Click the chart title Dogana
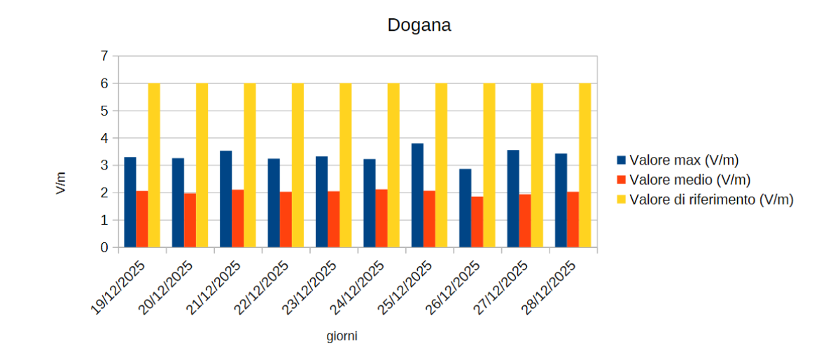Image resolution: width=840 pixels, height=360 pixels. click(x=419, y=26)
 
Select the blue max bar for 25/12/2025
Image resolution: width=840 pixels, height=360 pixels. click(x=417, y=195)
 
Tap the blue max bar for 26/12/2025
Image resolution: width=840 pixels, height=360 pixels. click(x=465, y=208)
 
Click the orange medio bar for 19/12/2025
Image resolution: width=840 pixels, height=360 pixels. click(x=142, y=219)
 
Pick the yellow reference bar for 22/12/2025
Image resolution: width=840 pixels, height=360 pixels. click(x=297, y=165)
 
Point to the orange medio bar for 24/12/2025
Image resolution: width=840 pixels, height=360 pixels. click(x=381, y=219)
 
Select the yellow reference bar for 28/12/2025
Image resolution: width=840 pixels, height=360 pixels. click(x=584, y=165)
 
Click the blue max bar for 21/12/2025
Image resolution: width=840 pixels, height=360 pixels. click(x=225, y=199)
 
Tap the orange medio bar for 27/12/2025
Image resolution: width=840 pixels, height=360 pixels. click(x=525, y=221)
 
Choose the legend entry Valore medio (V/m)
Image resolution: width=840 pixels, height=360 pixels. click(x=689, y=179)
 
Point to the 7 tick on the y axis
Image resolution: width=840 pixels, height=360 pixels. click(x=104, y=56)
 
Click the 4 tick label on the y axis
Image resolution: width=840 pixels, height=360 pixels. click(x=104, y=138)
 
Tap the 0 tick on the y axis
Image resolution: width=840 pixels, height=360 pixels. click(x=104, y=247)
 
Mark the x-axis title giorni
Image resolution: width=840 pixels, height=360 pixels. click(x=342, y=337)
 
